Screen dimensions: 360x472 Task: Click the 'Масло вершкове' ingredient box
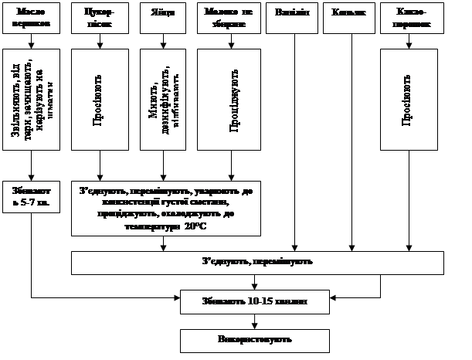[x=32, y=19]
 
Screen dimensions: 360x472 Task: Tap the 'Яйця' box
[x=161, y=19]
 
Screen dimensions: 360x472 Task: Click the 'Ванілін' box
[x=291, y=19]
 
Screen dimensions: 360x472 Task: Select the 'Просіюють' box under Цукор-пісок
[x=100, y=99]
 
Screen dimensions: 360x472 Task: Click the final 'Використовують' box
[x=255, y=340]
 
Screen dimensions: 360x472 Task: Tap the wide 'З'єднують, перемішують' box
[x=257, y=263]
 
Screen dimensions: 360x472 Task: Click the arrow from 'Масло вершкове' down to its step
[x=32, y=43]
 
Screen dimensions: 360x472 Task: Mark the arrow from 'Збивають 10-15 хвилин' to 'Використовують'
[x=255, y=321]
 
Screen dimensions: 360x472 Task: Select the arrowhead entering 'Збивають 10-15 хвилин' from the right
[x=334, y=297]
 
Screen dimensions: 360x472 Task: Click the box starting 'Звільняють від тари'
[x=32, y=99]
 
